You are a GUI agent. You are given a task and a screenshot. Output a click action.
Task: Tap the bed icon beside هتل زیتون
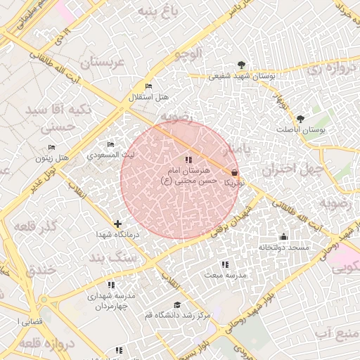coord(51,148)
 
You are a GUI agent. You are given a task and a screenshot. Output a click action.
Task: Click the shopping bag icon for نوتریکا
coord(234,172)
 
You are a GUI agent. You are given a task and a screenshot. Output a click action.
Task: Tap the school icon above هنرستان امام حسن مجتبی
coord(188,161)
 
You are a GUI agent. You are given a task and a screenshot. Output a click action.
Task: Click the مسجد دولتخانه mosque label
coord(283,247)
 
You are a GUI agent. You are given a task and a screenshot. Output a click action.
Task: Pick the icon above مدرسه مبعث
coord(225,265)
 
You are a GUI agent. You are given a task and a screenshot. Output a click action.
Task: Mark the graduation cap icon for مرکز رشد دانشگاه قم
coord(178,304)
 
